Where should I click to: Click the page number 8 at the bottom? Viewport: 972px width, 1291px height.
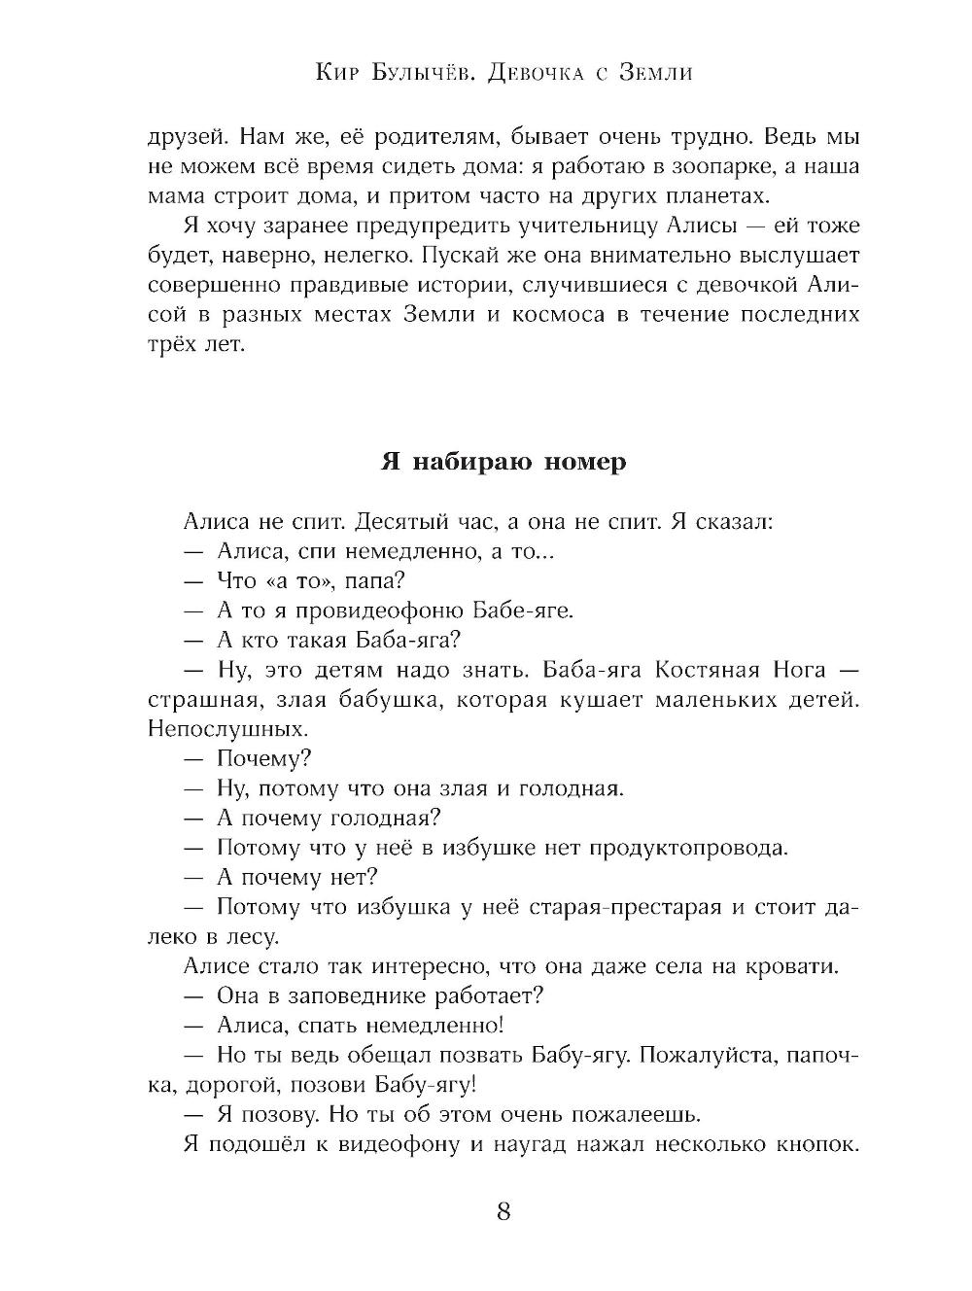point(503,1211)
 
